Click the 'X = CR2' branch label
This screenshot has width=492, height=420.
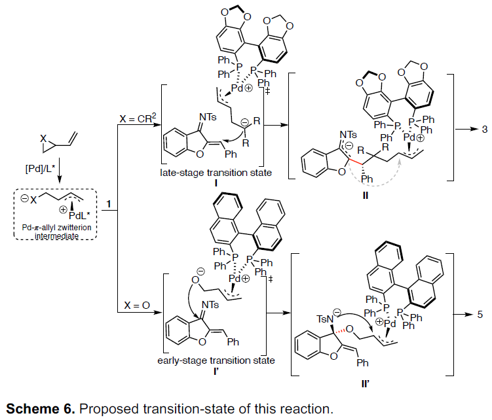[138, 118]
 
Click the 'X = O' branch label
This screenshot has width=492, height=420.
[137, 306]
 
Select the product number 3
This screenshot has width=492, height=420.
[485, 129]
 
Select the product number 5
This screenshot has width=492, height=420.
[480, 314]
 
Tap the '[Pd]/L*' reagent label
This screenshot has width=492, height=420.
[40, 168]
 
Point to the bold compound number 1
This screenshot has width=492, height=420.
[109, 204]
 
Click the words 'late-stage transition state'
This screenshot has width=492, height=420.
[216, 173]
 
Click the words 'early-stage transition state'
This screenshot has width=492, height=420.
[216, 360]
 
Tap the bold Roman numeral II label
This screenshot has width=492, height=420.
[366, 196]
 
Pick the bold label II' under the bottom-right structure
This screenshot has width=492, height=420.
[366, 383]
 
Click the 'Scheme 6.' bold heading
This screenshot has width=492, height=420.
[41, 409]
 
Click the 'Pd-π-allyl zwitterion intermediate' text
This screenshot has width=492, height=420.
[56, 232]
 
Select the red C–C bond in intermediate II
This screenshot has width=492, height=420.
[356, 162]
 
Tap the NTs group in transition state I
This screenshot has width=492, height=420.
[208, 117]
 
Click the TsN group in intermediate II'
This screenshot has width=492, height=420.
[324, 319]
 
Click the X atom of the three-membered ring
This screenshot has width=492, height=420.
[43, 139]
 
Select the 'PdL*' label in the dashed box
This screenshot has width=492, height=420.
[79, 216]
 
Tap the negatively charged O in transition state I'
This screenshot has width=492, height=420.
[196, 279]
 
